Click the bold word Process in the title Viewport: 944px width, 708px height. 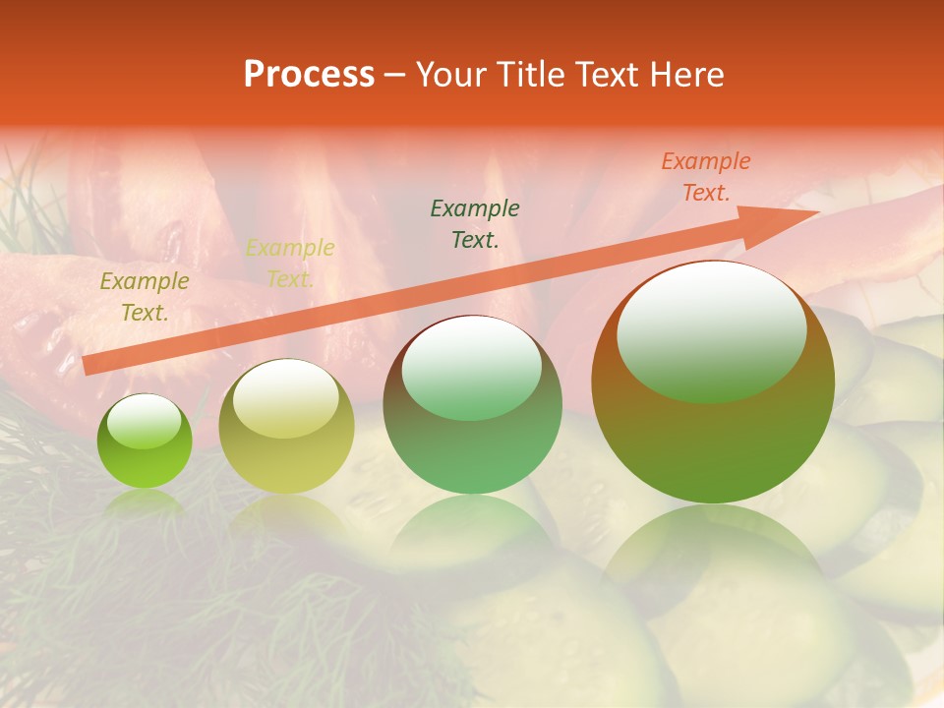(x=309, y=75)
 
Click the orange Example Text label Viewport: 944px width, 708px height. (x=705, y=177)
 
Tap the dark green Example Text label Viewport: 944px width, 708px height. (x=475, y=223)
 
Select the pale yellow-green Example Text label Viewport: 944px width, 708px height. (x=290, y=264)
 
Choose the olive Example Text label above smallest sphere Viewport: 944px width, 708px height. (x=145, y=297)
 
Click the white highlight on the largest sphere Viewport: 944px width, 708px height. (x=711, y=329)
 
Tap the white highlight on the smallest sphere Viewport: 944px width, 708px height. (x=144, y=421)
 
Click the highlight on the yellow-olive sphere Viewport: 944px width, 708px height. (x=285, y=397)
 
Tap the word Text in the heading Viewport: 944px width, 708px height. (x=605, y=75)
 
